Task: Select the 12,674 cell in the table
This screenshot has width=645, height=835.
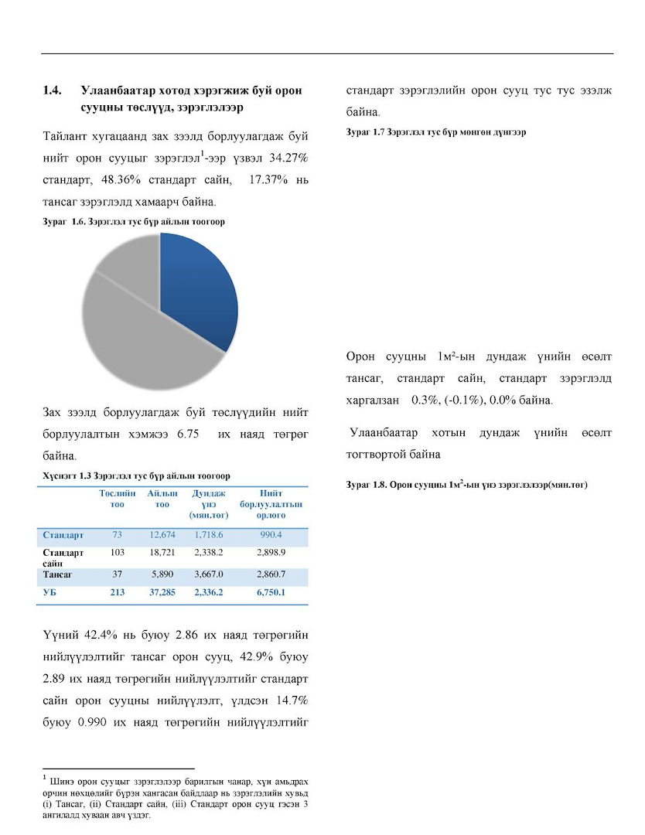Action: [x=162, y=535]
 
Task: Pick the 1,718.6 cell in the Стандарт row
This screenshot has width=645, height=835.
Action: [x=207, y=535]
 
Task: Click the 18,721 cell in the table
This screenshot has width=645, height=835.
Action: [x=162, y=553]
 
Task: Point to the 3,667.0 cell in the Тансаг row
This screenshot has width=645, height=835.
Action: [x=207, y=575]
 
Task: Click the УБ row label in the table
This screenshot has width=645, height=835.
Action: [x=49, y=593]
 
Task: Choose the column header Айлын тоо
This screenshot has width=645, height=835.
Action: [x=162, y=499]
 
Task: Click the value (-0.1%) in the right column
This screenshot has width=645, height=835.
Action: [x=462, y=400]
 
